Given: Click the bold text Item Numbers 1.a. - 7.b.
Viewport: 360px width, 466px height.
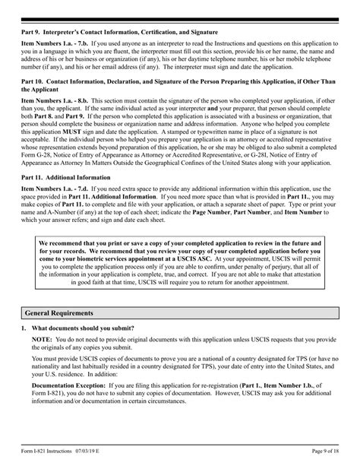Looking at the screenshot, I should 53,46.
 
